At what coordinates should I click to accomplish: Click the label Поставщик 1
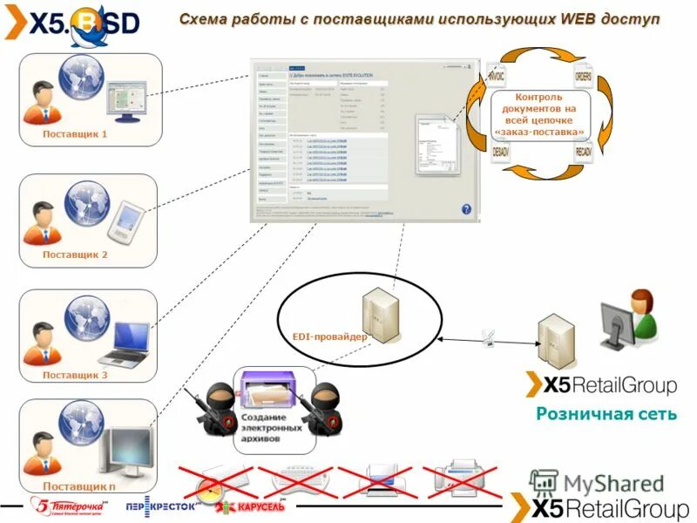tap(74, 134)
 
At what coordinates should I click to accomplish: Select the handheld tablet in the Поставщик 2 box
tap(123, 222)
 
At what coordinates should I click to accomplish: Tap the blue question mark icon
tap(466, 209)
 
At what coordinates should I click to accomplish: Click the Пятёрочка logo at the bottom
tap(66, 506)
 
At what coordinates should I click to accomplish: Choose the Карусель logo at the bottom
tap(250, 506)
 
